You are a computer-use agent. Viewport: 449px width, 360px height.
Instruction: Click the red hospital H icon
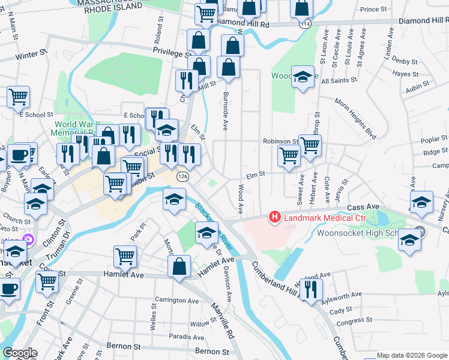click(274, 217)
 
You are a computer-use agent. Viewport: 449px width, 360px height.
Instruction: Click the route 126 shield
click(182, 177)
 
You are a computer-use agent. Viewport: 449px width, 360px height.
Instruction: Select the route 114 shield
click(306, 23)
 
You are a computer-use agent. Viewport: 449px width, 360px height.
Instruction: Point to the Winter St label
click(31, 55)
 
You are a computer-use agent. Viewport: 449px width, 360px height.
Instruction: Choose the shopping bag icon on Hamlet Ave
click(179, 266)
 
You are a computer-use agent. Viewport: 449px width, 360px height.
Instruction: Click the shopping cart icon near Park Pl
click(125, 256)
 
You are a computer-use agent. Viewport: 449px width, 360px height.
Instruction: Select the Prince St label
click(374, 10)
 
